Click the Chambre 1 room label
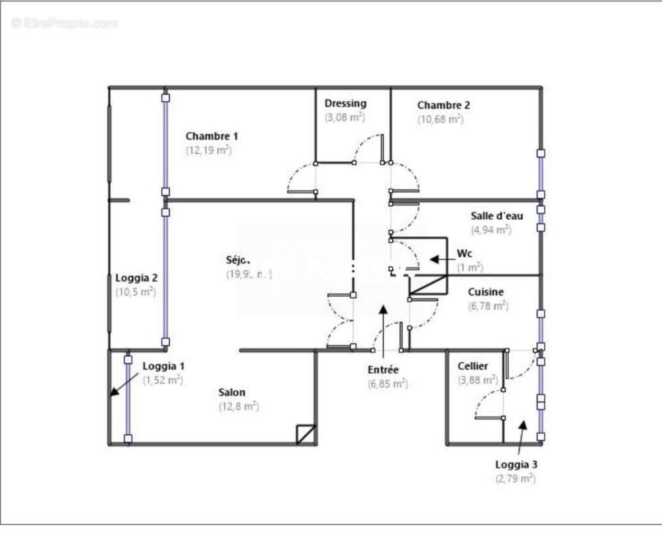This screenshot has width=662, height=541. [x=212, y=136]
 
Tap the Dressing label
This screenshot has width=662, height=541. [x=346, y=103]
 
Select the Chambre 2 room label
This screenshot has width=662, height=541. [x=444, y=105]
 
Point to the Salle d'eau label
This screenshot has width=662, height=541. [x=497, y=216]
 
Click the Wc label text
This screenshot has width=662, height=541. [x=465, y=254]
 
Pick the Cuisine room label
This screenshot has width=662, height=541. [x=486, y=292]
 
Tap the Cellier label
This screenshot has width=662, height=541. [x=473, y=366]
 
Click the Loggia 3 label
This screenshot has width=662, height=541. [x=517, y=465]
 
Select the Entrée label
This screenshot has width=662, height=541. [x=383, y=369]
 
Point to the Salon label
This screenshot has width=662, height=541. [x=232, y=392]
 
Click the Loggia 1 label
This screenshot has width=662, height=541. [x=164, y=366]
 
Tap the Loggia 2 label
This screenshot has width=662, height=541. [x=137, y=277]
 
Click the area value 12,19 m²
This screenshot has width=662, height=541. [x=209, y=150]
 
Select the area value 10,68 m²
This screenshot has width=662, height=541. [x=440, y=119]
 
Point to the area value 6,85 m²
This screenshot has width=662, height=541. [x=387, y=383]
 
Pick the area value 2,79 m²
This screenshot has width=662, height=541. [x=515, y=479]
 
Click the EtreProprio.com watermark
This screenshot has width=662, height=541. [x=65, y=23]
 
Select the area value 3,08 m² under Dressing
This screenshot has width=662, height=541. [x=345, y=117]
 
